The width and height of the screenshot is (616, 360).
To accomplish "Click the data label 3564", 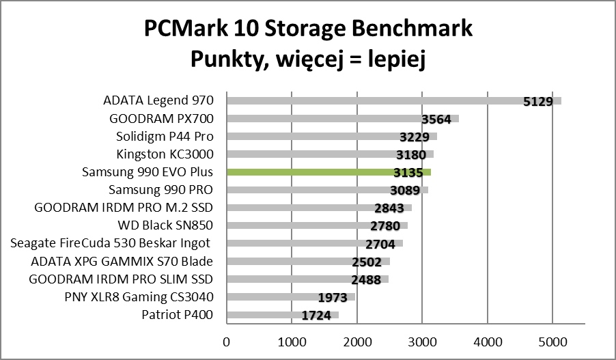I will pos(436,120).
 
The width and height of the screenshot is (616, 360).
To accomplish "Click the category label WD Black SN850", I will pos(166,225).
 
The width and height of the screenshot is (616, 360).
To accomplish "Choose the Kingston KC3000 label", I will pos(165,154).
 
